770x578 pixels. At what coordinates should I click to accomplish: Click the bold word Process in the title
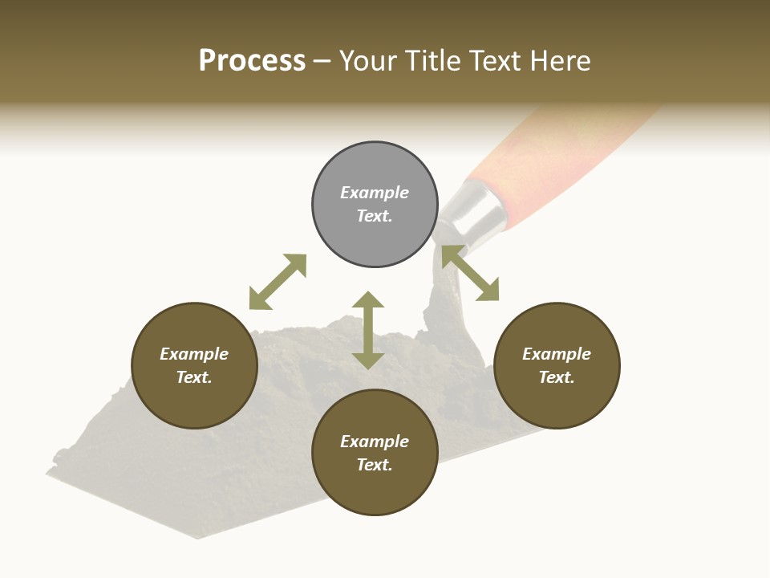click(x=252, y=61)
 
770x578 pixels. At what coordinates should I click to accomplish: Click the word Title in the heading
click(x=433, y=61)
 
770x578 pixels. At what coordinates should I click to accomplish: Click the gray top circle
click(x=375, y=233)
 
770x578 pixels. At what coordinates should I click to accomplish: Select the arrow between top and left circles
click(x=278, y=282)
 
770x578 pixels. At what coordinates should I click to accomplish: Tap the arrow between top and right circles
click(x=470, y=273)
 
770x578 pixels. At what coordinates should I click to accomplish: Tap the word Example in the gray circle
click(x=375, y=193)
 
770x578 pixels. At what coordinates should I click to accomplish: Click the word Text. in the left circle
click(x=194, y=377)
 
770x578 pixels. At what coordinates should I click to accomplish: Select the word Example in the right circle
click(x=557, y=354)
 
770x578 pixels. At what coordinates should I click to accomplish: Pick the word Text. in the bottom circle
click(x=375, y=465)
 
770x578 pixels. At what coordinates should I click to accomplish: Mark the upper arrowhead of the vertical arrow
click(x=368, y=300)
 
